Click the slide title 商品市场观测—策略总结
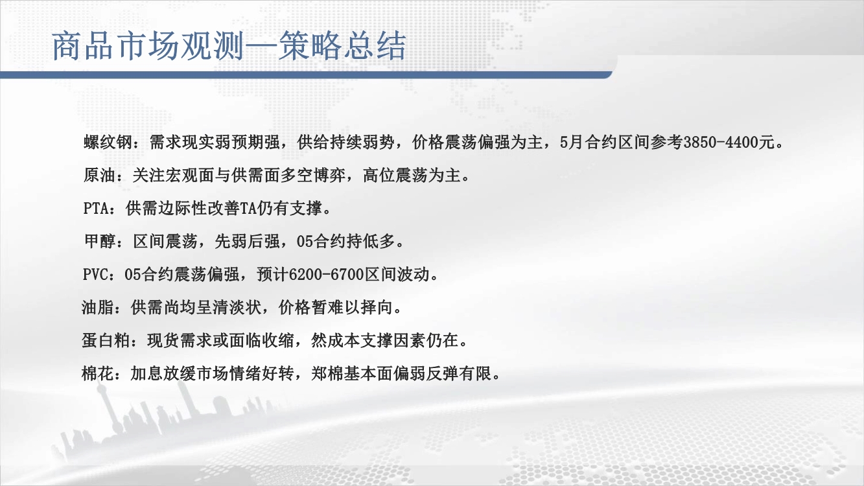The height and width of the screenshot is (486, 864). pyautogui.click(x=229, y=46)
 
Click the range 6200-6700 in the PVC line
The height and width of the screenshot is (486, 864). pyautogui.click(x=326, y=275)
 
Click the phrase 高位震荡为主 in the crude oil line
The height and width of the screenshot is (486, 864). pyautogui.click(x=412, y=176)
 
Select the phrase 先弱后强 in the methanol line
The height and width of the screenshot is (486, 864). pyautogui.click(x=247, y=242)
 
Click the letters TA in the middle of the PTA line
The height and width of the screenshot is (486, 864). pyautogui.click(x=248, y=209)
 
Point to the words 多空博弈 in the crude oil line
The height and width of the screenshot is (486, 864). pyautogui.click(x=313, y=176)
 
